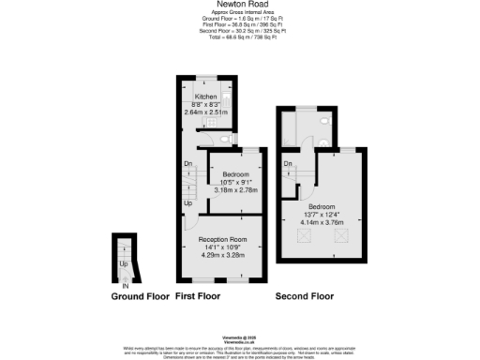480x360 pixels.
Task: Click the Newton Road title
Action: tap(239, 4)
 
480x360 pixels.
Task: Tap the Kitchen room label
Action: tap(206, 97)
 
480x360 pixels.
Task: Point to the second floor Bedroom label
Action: tap(322, 208)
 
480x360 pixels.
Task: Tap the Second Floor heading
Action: tap(304, 296)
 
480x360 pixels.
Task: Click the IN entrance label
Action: tap(113, 286)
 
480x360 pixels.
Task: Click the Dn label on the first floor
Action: tap(187, 163)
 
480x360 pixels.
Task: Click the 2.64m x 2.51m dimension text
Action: tap(206, 112)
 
